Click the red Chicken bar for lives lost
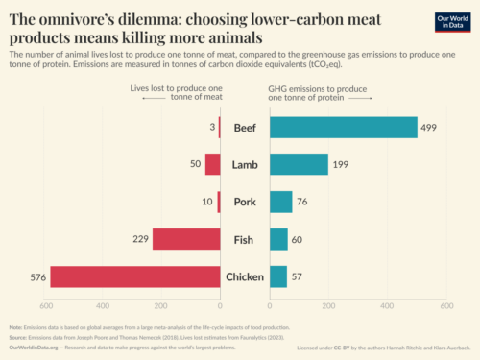coord(135,276)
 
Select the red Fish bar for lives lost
coord(185,239)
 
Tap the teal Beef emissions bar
coord(344,128)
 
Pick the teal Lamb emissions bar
coord(299,164)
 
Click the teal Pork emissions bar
coord(280,202)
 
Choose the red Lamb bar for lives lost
coord(212,164)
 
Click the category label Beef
coord(245,128)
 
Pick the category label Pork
coord(245,202)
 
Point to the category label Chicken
coord(245,276)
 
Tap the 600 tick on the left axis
coord(44,306)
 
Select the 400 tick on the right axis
coord(388,306)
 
